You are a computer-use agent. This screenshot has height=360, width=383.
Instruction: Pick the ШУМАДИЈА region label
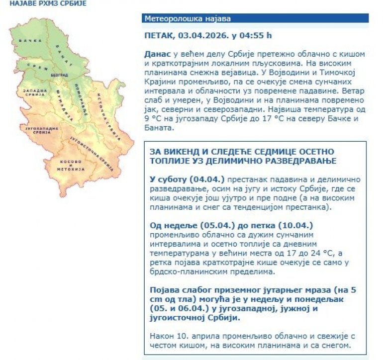(58, 107)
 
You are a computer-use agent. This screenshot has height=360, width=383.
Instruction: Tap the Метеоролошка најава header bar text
(188, 19)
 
